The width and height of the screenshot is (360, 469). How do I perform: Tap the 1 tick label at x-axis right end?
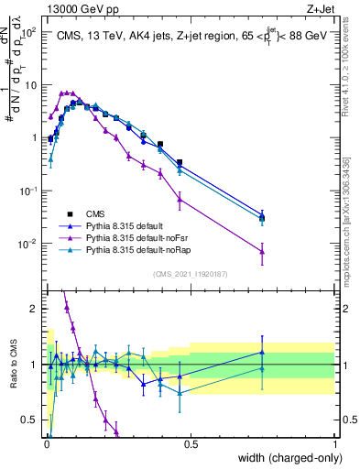tap(335, 444)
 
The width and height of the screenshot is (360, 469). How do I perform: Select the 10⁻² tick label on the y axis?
tap(28, 244)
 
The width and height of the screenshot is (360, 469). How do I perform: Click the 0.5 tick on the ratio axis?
tap(30, 420)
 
